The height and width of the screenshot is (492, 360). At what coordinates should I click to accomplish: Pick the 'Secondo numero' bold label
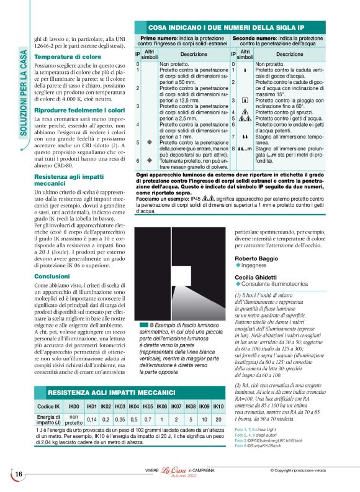pyautogui.click(x=254, y=38)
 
